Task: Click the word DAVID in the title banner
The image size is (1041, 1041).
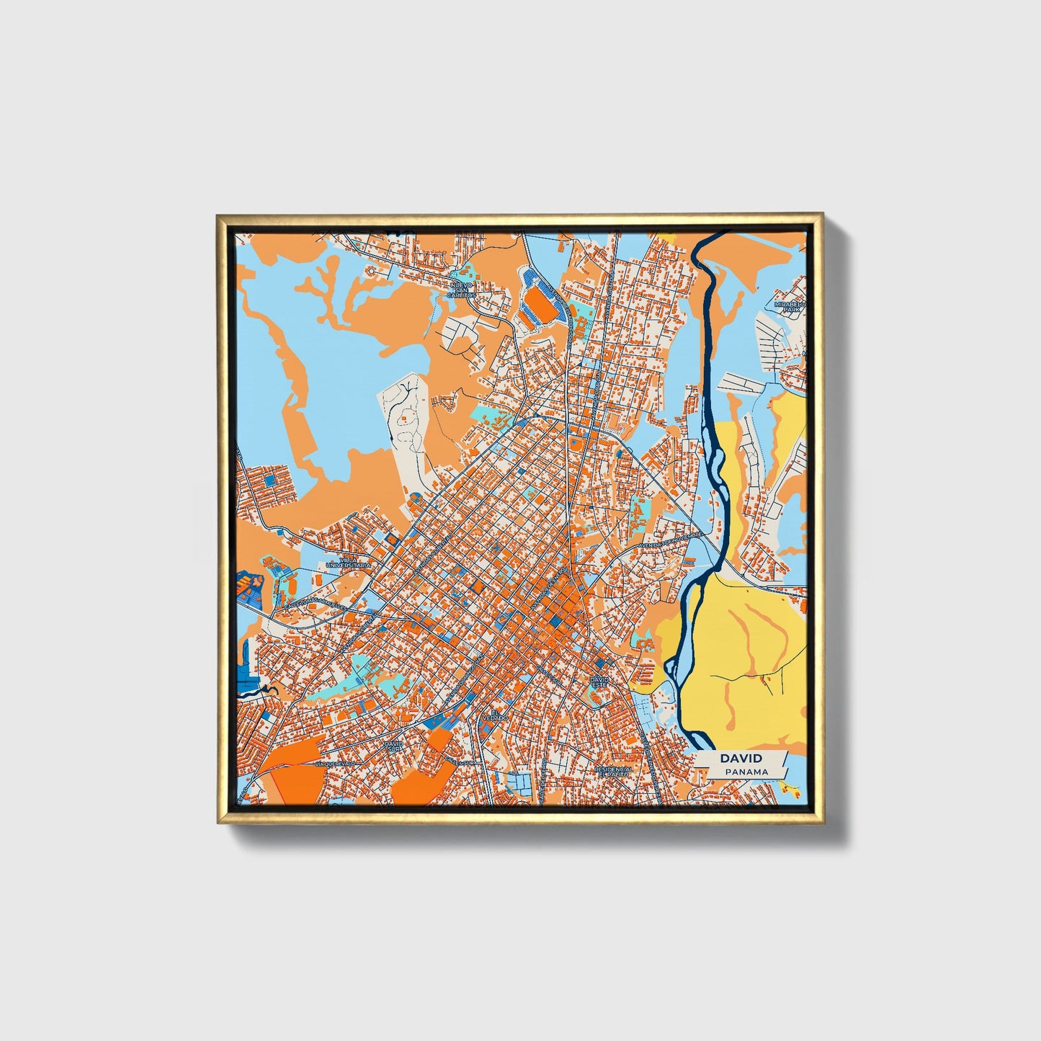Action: (741, 758)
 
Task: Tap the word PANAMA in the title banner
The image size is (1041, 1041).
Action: (746, 772)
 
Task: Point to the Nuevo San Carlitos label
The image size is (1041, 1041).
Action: (461, 290)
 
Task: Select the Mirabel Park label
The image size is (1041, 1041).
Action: (788, 306)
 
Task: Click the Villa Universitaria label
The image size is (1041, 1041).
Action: (348, 562)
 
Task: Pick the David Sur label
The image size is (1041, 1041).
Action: (393, 746)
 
